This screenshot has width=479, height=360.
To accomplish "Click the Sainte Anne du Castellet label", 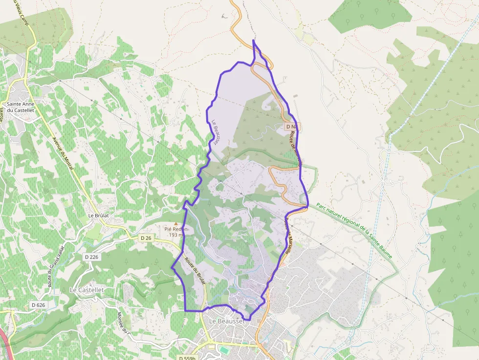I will (20, 107).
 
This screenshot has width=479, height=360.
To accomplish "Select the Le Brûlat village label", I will (98, 215).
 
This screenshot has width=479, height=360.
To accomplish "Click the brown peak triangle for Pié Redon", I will (176, 223).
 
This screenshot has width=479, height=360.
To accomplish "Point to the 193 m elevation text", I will (176, 235).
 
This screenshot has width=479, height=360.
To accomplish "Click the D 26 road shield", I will (146, 238).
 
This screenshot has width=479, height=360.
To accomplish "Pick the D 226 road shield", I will (91, 257).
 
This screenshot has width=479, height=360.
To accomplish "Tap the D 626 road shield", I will (38, 305).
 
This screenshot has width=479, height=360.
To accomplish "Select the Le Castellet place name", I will (87, 290).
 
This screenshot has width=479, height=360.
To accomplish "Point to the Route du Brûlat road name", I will (195, 270).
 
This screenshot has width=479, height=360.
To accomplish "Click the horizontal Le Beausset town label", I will (226, 321).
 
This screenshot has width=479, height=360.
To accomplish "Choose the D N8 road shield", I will (292, 127).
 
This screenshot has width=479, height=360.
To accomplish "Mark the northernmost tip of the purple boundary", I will (253, 40).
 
